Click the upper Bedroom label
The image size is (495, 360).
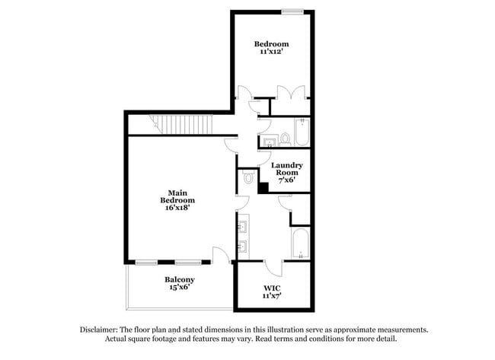271,45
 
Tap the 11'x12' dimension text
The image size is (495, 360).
271,54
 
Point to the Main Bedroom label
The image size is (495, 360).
177,196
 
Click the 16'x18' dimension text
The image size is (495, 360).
177,207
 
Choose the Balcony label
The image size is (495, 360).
180,279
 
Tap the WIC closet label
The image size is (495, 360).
273,288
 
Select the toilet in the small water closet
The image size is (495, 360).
248,178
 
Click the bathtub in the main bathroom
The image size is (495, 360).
299,245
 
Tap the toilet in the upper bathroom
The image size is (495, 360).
285,139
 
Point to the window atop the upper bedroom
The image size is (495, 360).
292,11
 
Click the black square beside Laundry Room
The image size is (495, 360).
263,188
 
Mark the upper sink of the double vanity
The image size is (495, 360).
244,227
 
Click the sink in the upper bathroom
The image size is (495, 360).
270,141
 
